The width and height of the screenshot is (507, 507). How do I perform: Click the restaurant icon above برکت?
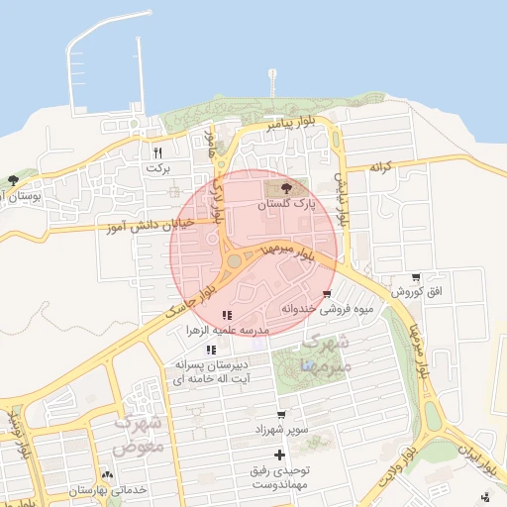tap(157, 152)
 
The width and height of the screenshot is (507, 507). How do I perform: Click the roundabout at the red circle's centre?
tap(234, 261)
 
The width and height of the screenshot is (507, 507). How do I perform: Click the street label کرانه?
tap(382, 166)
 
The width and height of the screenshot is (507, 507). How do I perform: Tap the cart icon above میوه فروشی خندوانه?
tap(327, 294)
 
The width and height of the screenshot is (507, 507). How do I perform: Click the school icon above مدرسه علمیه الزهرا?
tap(227, 315)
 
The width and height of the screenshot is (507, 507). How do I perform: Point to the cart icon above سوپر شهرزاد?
tap(282, 415)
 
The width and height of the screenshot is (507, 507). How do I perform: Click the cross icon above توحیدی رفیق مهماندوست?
tap(280, 456)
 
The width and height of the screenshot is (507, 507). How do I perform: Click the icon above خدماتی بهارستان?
tap(107, 476)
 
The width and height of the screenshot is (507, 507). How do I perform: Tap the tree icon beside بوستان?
tap(13, 180)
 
